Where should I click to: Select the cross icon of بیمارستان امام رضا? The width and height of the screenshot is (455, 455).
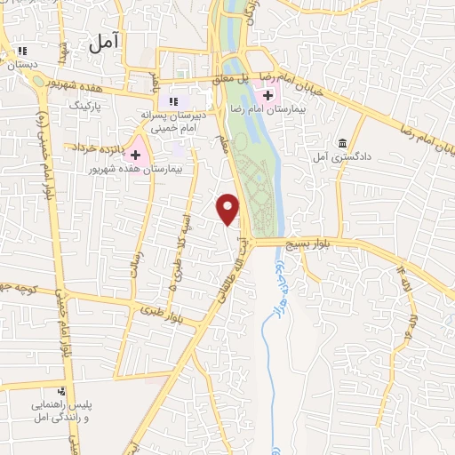tap(267, 94)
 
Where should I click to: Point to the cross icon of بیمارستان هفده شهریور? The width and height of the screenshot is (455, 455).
tap(135, 154)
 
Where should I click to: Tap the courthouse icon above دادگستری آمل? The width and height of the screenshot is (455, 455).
tap(343, 142)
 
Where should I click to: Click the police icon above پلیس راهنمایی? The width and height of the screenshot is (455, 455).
tap(60, 391)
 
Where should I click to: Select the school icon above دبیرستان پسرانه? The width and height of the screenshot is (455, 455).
tap(173, 100)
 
